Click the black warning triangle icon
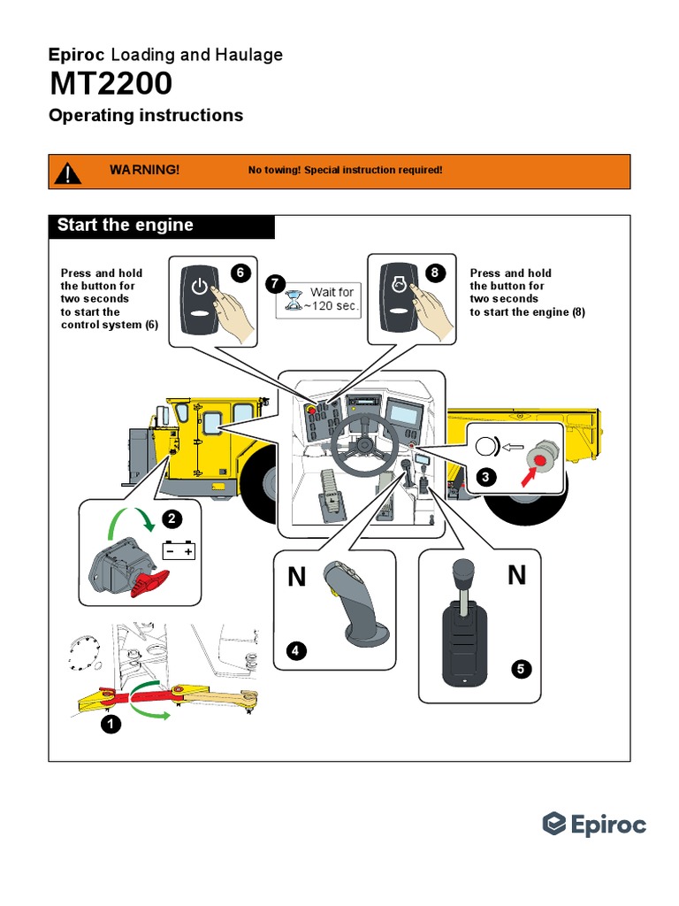[x=68, y=172]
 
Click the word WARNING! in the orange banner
[x=144, y=169]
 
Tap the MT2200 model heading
[x=111, y=84]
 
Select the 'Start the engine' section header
[x=126, y=225]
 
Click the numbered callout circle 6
[x=240, y=273]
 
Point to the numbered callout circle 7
[x=275, y=284]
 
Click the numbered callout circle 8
[x=434, y=273]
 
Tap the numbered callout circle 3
[x=483, y=478]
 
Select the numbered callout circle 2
[x=172, y=518]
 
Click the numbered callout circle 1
[x=111, y=724]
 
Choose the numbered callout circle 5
[x=522, y=669]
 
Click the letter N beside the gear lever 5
[x=517, y=576]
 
